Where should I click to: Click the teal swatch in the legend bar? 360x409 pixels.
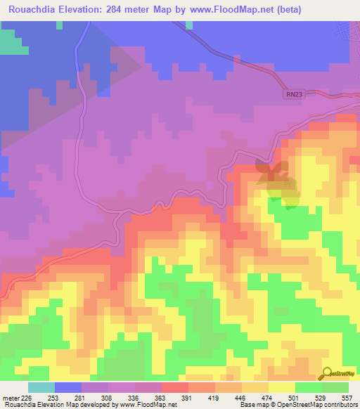pos(41,387)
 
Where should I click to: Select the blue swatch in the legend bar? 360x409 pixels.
pos(68,387)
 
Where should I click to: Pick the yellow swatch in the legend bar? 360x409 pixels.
pos(282,387)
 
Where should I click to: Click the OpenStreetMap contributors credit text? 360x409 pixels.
pos(321,405)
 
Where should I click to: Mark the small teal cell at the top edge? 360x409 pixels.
pos(189,25)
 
